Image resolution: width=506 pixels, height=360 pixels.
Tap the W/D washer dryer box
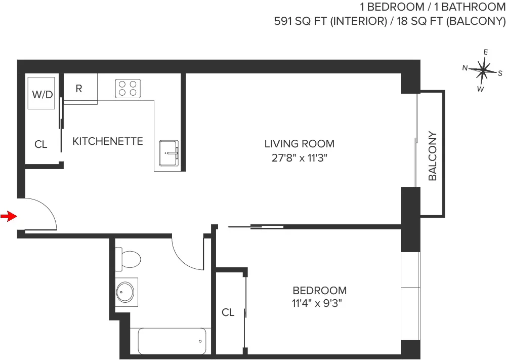click(43, 94)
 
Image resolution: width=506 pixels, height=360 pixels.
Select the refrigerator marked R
click(79, 89)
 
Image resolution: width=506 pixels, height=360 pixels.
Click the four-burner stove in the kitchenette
click(128, 89)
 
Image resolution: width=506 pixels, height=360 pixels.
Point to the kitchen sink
click(168, 153)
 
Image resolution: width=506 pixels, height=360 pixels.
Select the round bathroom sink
click(125, 292)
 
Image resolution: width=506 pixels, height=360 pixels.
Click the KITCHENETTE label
click(108, 141)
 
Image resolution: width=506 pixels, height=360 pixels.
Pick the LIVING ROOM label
click(299, 144)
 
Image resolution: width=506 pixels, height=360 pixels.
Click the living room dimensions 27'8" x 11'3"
click(299, 157)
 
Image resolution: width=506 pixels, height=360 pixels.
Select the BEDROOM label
click(320, 291)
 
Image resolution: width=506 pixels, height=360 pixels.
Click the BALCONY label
click(433, 156)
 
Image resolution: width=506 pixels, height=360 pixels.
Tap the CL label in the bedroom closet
click(228, 313)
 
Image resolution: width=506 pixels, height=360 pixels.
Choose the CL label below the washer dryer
click(41, 145)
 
